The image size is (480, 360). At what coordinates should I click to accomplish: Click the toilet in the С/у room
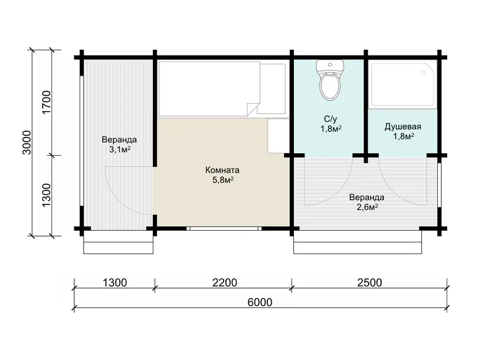click(x=330, y=80)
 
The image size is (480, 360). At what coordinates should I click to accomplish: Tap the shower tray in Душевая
click(x=402, y=85)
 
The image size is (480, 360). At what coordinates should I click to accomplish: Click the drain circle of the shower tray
click(x=423, y=73)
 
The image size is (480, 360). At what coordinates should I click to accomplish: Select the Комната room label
click(x=222, y=170)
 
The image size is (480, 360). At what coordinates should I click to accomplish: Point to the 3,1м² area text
click(x=119, y=149)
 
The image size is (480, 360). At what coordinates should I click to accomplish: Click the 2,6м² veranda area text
click(x=367, y=207)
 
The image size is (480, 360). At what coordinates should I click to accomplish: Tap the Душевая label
click(x=403, y=126)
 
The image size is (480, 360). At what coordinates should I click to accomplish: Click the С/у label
click(x=330, y=119)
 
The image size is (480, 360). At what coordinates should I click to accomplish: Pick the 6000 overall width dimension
click(x=260, y=302)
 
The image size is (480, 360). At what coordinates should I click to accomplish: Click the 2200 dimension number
click(x=225, y=283)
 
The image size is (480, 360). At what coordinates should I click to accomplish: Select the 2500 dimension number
click(x=369, y=283)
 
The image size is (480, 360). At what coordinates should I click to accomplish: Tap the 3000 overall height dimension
click(x=27, y=143)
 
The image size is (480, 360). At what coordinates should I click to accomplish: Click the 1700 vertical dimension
click(x=46, y=102)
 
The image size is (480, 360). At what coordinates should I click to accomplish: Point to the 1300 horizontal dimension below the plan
click(x=115, y=283)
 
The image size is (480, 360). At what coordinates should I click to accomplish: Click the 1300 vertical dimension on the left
click(x=46, y=196)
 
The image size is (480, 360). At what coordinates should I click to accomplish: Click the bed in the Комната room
click(x=210, y=89)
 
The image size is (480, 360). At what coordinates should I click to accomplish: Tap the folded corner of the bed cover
click(x=253, y=109)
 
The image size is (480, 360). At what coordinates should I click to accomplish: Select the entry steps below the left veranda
click(x=118, y=242)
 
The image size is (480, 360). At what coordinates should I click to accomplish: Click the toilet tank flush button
click(x=330, y=64)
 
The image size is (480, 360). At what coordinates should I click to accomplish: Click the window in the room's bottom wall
click(x=224, y=228)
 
